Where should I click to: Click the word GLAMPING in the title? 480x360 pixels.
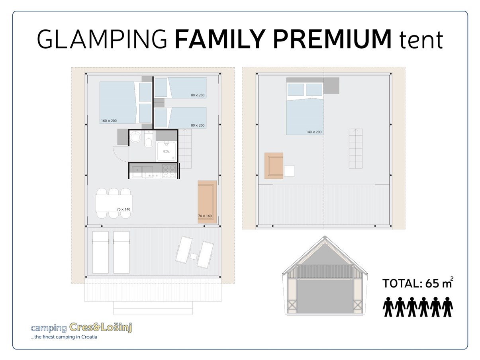(102, 39)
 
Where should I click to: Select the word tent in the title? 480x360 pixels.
(421, 40)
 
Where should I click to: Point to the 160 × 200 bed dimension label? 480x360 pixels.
(109, 121)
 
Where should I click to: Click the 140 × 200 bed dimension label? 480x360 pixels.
(314, 132)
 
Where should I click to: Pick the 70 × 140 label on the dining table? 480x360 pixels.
(123, 209)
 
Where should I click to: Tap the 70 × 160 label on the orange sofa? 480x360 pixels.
(205, 216)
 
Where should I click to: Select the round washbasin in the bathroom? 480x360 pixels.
(136, 137)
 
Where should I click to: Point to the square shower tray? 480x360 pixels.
(167, 151)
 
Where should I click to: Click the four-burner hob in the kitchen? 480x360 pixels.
(169, 171)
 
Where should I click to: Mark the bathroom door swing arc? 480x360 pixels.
(120, 152)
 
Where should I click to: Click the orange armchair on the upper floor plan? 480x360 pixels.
(274, 166)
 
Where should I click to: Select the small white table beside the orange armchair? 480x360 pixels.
(289, 170)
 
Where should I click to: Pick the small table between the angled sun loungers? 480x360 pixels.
(193, 256)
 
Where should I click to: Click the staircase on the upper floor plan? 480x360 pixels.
(355, 148)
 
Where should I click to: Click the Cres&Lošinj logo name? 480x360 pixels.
(100, 327)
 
